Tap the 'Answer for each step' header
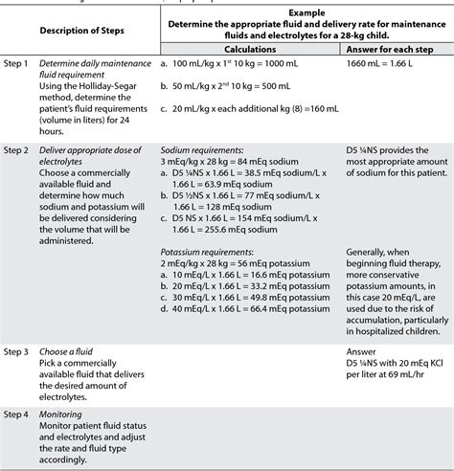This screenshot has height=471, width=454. pyautogui.click(x=394, y=47)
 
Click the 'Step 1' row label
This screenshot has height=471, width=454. pyautogui.click(x=21, y=60)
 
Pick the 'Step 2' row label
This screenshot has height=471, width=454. pyautogui.click(x=21, y=152)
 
